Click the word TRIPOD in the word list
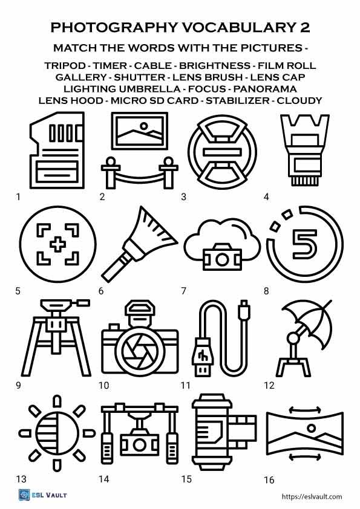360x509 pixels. click(64, 65)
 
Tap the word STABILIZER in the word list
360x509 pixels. click(238, 100)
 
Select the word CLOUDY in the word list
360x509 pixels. click(299, 100)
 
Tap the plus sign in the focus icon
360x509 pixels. click(57, 245)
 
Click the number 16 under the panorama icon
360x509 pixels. click(269, 480)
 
